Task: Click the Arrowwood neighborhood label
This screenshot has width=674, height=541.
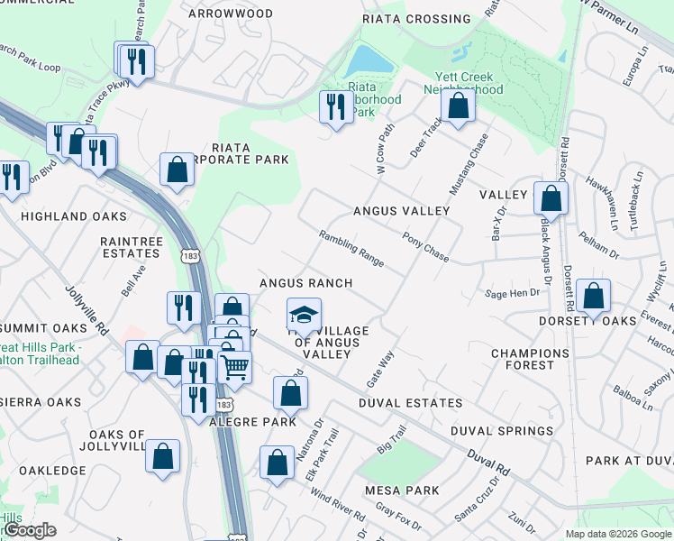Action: click(229, 14)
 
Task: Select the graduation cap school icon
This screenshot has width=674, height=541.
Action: click(304, 315)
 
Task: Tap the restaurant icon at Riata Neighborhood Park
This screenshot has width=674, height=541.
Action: click(336, 106)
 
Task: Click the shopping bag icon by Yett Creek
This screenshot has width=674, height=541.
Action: click(459, 105)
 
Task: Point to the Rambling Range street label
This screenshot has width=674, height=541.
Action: click(351, 249)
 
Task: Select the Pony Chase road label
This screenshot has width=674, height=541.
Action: click(425, 248)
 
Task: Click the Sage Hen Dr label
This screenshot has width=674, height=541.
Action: click(512, 293)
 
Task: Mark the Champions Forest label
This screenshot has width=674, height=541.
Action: click(530, 359)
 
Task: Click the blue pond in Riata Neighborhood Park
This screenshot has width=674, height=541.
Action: click(369, 61)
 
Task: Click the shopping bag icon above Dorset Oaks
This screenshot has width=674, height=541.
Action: click(594, 295)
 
